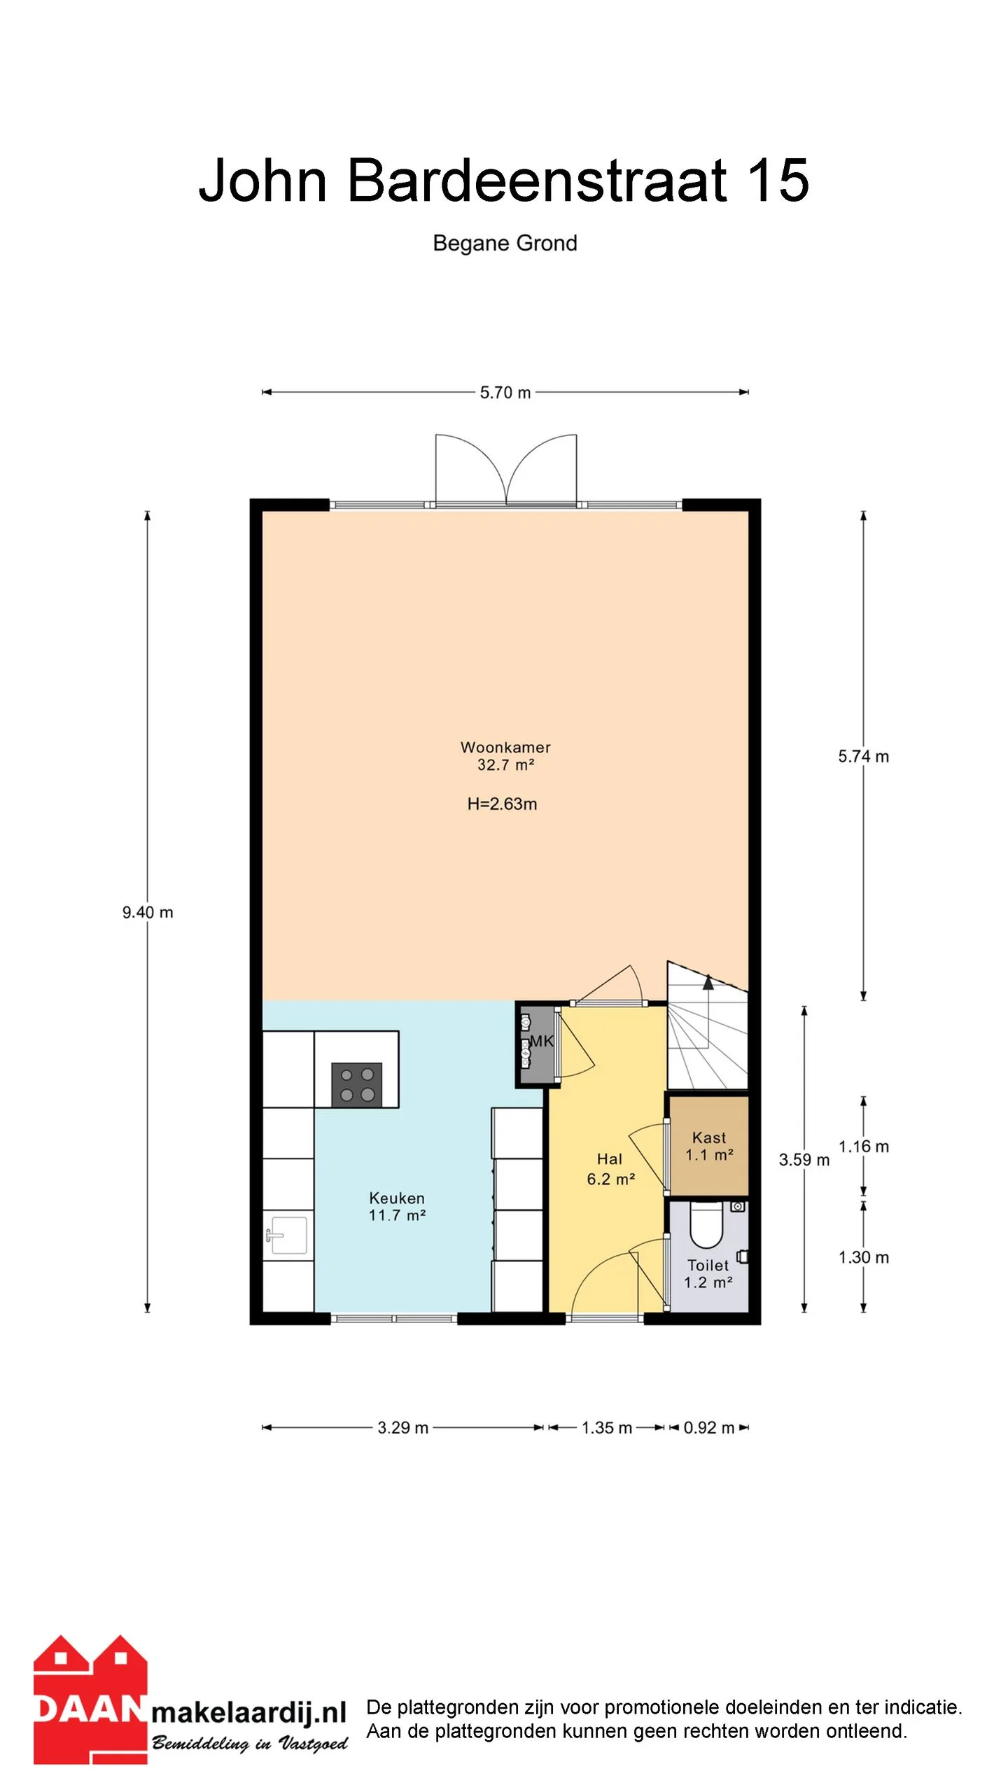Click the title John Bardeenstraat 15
pyautogui.click(x=504, y=180)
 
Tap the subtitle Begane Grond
pyautogui.click(x=505, y=243)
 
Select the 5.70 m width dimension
pyautogui.click(x=505, y=393)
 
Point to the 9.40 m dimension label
pyautogui.click(x=148, y=912)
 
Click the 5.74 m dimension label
pyautogui.click(x=864, y=756)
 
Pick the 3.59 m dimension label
pyautogui.click(x=804, y=1160)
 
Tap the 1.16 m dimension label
pyautogui.click(x=864, y=1147)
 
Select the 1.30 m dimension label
pyautogui.click(x=864, y=1257)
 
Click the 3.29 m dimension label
pyautogui.click(x=403, y=1427)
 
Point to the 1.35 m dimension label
pyautogui.click(x=607, y=1427)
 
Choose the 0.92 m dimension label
pyautogui.click(x=709, y=1427)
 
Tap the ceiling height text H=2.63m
pyautogui.click(x=502, y=804)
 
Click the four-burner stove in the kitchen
pyautogui.click(x=357, y=1084)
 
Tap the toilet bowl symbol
pyautogui.click(x=706, y=1225)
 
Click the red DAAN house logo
pyautogui.click(x=90, y=1700)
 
